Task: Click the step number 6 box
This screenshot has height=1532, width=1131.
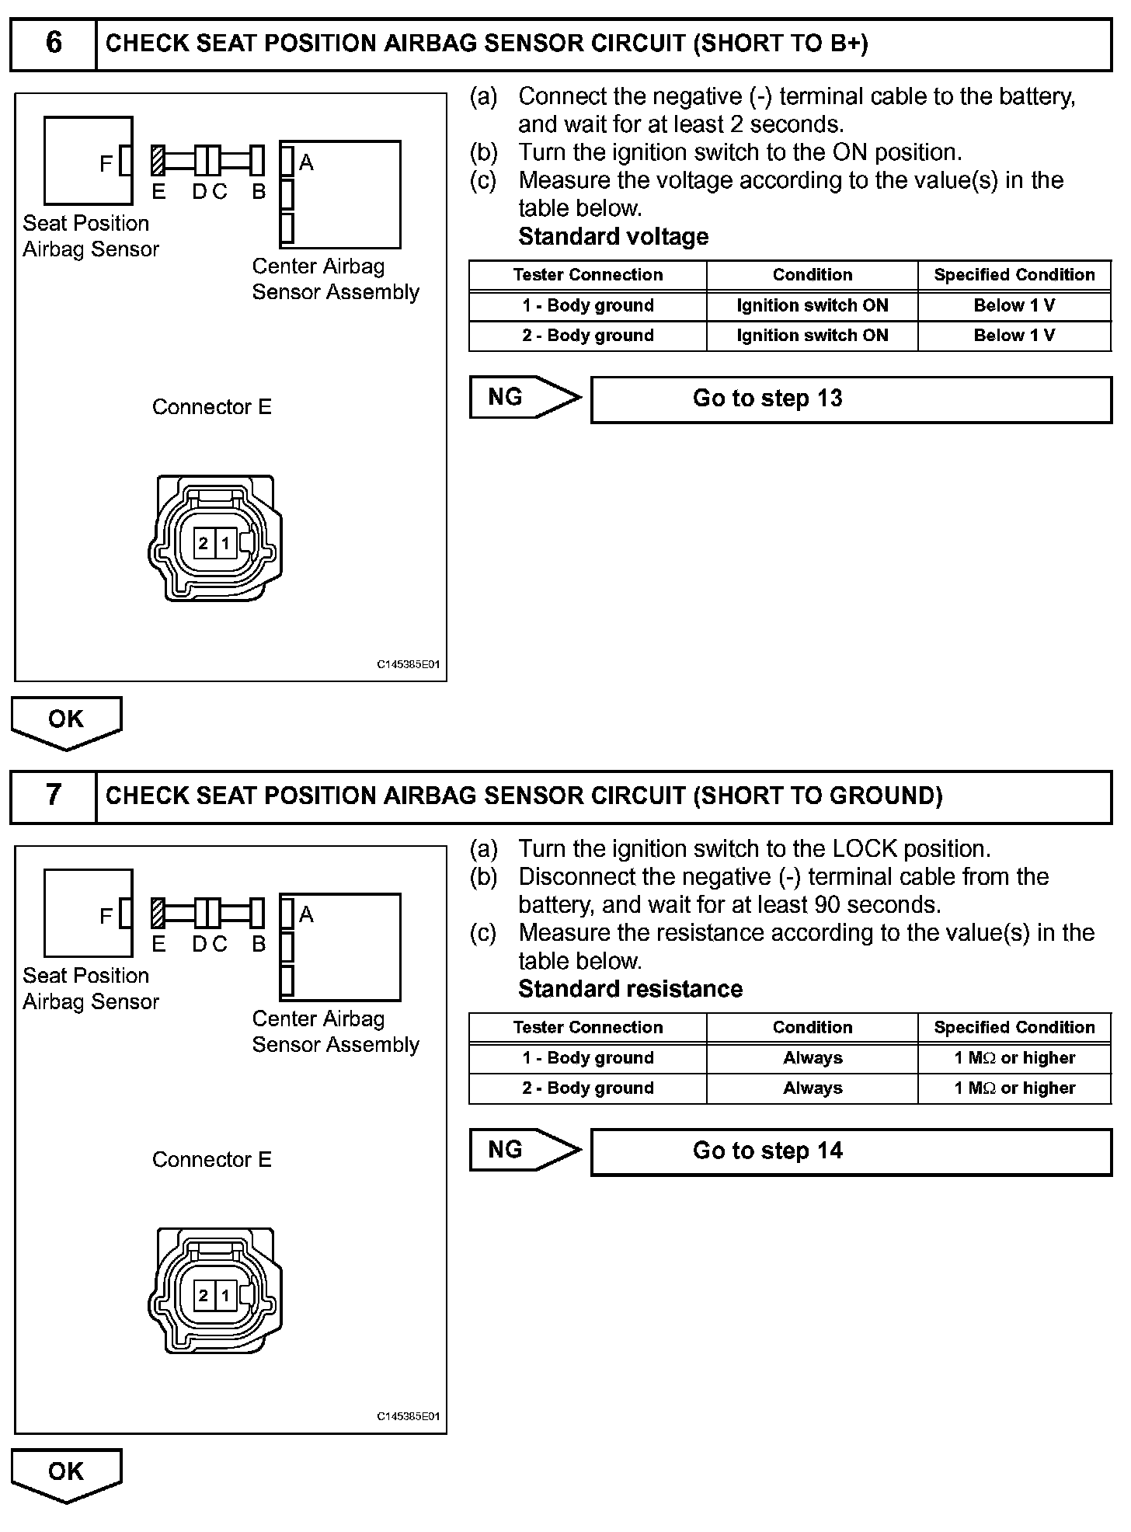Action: click(x=53, y=44)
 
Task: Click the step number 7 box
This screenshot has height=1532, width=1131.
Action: click(x=53, y=796)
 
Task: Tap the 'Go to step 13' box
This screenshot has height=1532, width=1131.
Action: click(x=851, y=399)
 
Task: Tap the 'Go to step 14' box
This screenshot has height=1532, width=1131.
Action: click(x=851, y=1151)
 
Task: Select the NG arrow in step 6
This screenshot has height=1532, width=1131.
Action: click(x=524, y=398)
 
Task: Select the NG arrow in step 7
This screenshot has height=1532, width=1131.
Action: click(x=524, y=1150)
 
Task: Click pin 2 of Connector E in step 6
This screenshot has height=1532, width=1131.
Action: click(x=204, y=543)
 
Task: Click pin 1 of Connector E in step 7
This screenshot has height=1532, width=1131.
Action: click(x=225, y=1295)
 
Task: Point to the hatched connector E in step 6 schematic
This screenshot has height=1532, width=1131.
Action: click(x=158, y=162)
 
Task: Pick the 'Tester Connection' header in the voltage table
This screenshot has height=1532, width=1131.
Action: click(x=588, y=275)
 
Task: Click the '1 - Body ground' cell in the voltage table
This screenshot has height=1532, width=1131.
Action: click(x=588, y=305)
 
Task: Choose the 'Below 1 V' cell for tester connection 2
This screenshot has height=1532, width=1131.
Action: click(x=1014, y=336)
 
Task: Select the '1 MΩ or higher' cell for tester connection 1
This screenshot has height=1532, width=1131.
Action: click(x=1014, y=1058)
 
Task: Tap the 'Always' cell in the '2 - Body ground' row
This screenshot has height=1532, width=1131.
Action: click(x=813, y=1088)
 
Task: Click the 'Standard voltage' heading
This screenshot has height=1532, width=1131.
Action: click(x=613, y=236)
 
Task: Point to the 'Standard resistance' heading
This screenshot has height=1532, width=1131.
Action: click(x=630, y=989)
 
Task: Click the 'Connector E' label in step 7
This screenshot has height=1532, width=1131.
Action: click(x=212, y=1160)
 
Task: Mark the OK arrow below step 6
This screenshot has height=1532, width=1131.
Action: click(x=66, y=721)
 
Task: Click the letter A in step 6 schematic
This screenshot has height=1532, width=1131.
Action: click(x=306, y=162)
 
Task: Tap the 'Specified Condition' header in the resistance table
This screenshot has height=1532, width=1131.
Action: click(x=1014, y=1027)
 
